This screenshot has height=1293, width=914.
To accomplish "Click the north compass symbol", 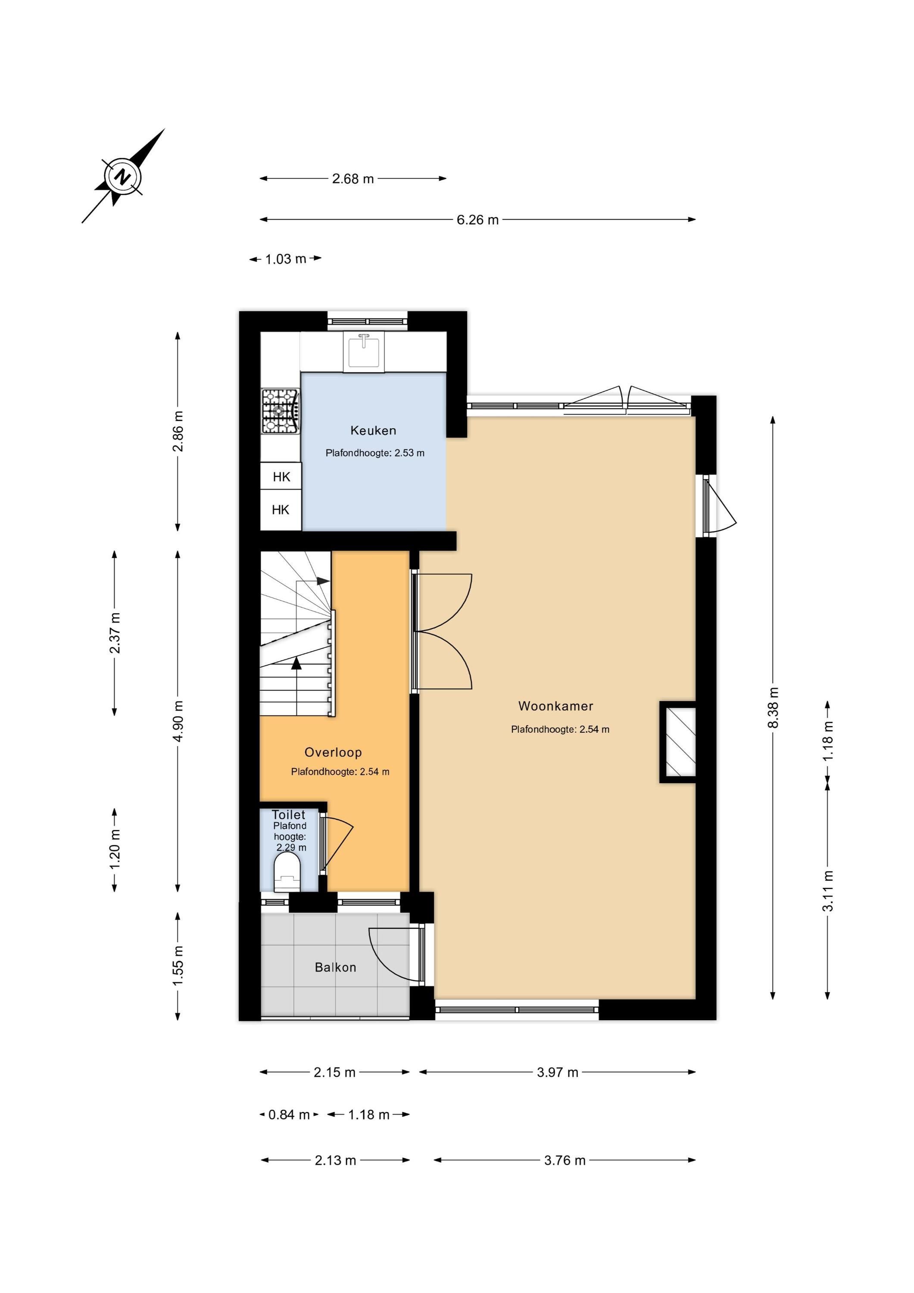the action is click(x=122, y=177).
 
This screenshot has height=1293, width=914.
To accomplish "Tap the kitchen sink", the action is click(x=364, y=352).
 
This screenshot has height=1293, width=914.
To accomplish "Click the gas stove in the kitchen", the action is click(x=281, y=411).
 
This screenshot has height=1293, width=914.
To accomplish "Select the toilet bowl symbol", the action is click(x=287, y=872).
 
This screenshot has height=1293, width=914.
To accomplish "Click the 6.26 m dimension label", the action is click(x=477, y=220).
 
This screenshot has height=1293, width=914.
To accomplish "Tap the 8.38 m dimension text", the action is click(x=773, y=707).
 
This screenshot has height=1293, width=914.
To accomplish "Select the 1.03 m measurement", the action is click(x=286, y=259).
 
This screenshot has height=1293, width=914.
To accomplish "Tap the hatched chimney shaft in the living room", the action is click(x=679, y=742).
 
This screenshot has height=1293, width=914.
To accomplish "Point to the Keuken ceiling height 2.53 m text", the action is click(x=375, y=453).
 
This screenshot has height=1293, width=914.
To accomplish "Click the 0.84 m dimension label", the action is click(x=289, y=1115).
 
